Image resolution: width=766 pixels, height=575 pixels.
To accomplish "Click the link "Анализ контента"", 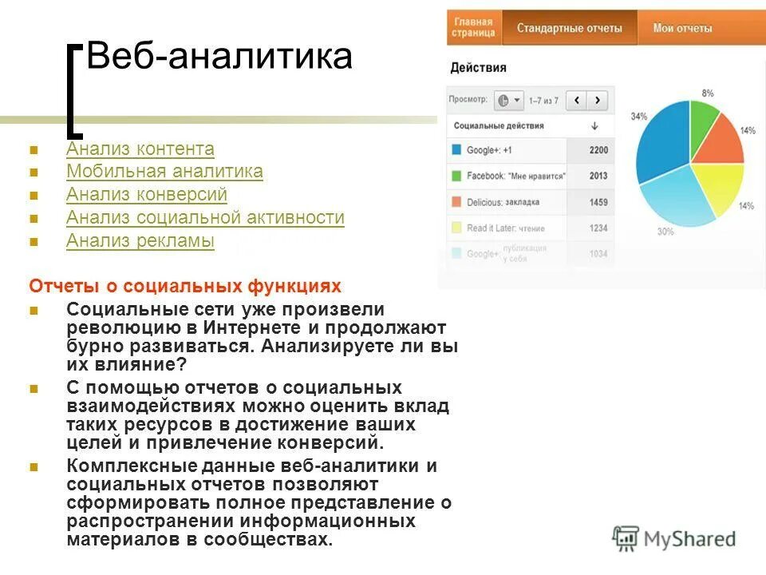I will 140,149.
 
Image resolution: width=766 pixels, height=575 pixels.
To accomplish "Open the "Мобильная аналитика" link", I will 164,172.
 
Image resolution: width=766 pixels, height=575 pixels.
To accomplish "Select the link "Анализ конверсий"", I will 147,195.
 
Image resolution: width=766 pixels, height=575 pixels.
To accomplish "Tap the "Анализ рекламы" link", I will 140,240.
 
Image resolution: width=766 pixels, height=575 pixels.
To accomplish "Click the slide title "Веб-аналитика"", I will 219,57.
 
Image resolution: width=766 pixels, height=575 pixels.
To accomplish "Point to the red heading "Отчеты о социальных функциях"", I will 185,286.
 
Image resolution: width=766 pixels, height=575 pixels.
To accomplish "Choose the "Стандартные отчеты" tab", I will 569,28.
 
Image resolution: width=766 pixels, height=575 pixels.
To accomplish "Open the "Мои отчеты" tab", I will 682,28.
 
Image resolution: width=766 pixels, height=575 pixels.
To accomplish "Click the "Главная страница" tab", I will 473,28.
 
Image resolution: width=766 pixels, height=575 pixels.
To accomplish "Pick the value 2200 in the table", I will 598,150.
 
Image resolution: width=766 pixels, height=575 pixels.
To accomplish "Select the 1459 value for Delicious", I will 598,202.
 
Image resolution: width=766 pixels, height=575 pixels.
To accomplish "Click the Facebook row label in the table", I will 515,176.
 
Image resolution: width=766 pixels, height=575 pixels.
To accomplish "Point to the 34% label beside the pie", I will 638,117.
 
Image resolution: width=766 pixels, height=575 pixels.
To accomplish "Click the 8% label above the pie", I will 707,93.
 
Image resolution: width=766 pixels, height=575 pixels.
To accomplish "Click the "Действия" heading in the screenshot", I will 478,68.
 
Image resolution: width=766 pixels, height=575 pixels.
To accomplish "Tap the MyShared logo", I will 674,539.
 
